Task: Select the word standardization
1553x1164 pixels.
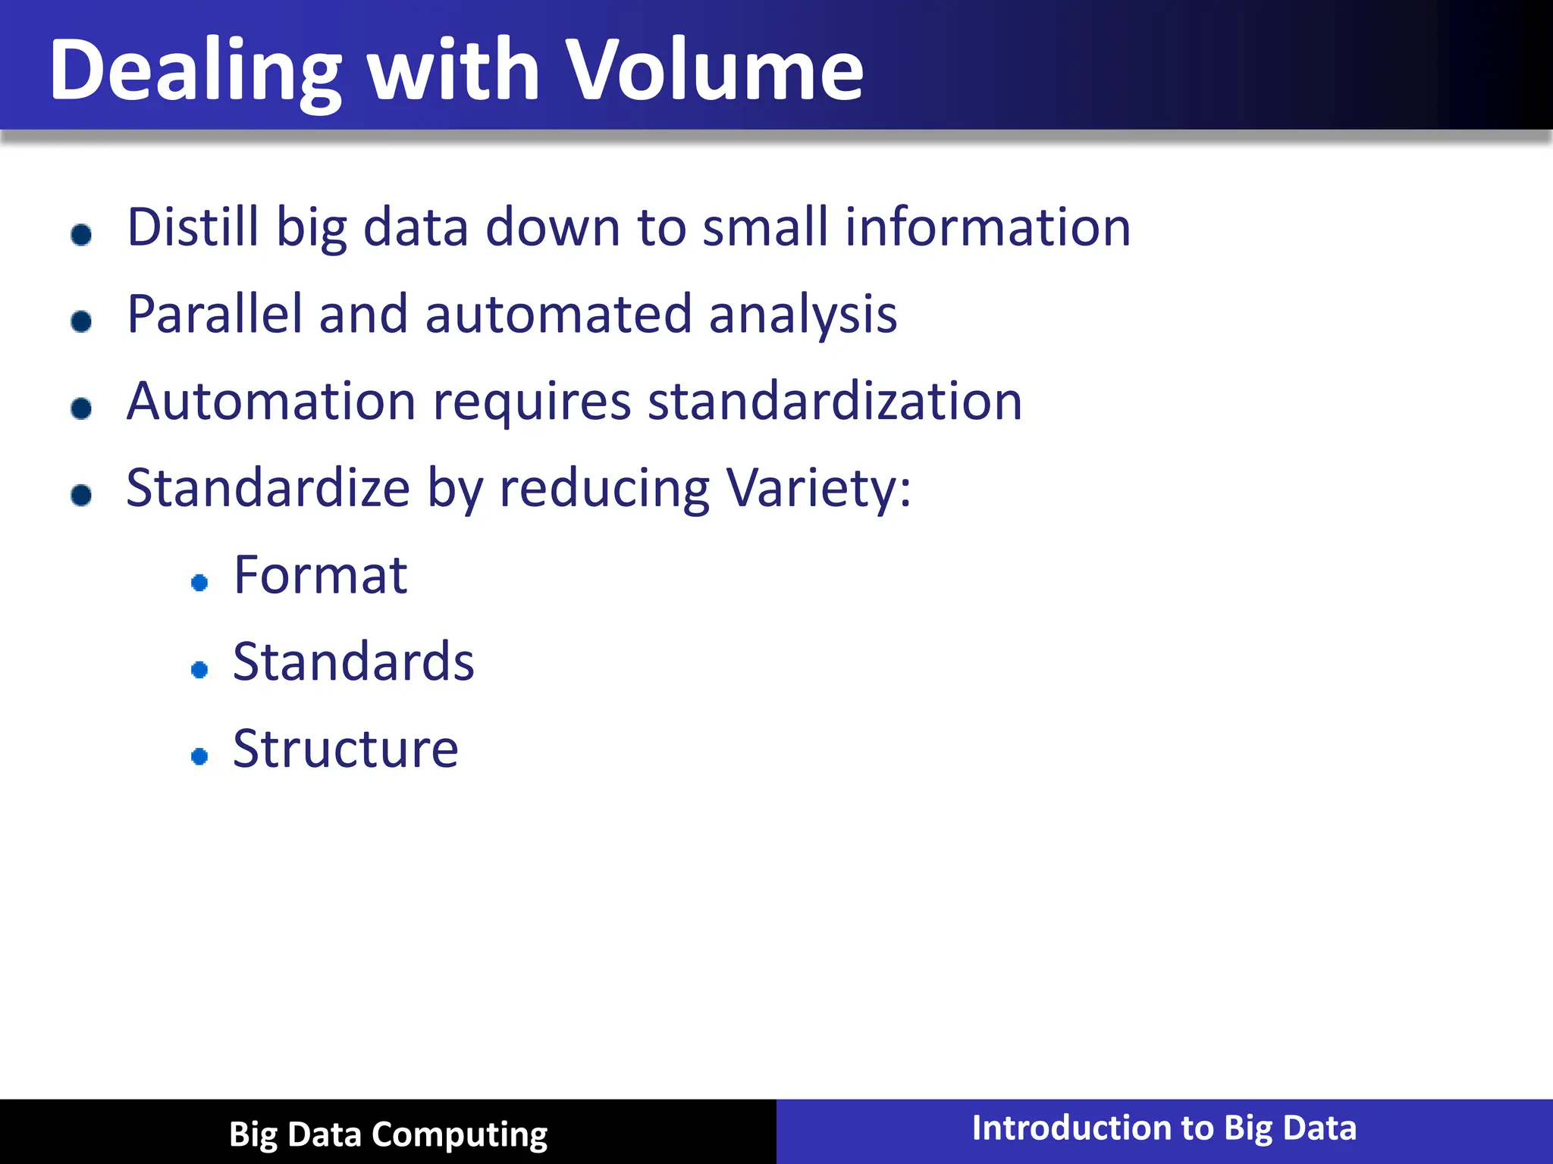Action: (x=835, y=401)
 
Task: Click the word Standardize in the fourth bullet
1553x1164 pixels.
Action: (x=268, y=488)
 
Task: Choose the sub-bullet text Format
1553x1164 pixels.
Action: (x=320, y=575)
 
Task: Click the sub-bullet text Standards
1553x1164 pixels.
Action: (x=353, y=662)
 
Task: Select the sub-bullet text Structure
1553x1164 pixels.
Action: (x=346, y=749)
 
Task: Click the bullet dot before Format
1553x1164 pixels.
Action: (x=199, y=582)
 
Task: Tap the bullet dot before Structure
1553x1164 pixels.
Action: (x=199, y=756)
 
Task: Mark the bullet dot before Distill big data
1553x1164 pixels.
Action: (x=81, y=234)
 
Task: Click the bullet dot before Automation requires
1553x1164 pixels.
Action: (x=81, y=408)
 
